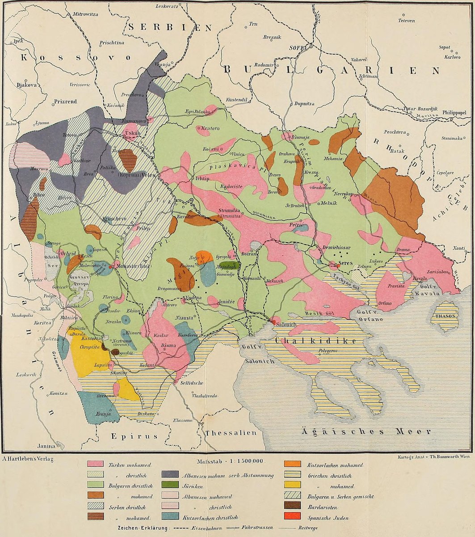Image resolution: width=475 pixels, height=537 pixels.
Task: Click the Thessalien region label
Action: pos(231,433)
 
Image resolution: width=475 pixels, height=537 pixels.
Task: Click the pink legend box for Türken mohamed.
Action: pos(95,464)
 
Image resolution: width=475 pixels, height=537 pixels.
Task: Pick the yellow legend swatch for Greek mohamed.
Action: pos(293,485)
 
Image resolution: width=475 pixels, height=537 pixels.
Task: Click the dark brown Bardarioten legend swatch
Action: pos(293,507)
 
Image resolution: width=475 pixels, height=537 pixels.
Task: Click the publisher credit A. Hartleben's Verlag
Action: pos(29,459)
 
